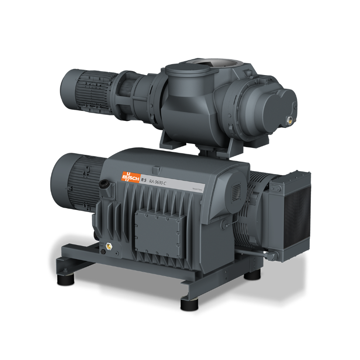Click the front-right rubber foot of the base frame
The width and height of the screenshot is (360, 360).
tap(191, 301)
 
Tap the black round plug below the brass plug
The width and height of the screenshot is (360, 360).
tap(103, 252)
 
